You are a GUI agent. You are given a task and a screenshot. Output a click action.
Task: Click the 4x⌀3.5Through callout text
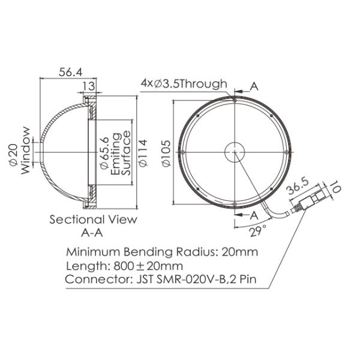pyautogui.click(x=184, y=83)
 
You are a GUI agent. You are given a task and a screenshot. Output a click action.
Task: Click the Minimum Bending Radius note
pyautogui.click(x=161, y=252)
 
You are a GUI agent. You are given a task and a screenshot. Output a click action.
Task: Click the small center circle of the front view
pyautogui.click(x=234, y=151)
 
